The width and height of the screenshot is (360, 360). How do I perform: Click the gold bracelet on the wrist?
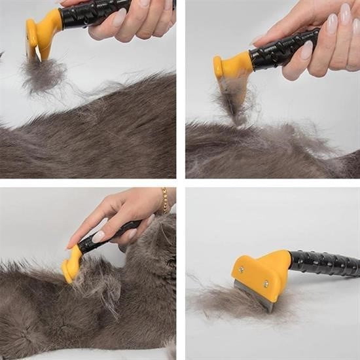[x=165, y=200]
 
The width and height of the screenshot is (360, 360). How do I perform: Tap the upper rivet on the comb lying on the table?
[x=240, y=269]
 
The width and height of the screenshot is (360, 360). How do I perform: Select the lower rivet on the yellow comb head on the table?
[x=266, y=283]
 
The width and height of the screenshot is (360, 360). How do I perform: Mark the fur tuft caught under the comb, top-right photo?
[x=232, y=101]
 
